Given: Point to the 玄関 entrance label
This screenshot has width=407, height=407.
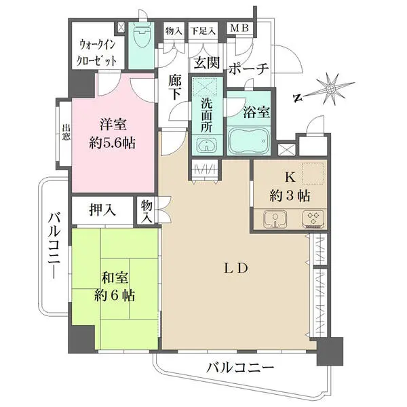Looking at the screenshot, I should tap(206, 63).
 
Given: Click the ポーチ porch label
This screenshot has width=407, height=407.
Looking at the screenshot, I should tap(249, 69).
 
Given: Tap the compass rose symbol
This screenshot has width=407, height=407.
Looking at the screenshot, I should tap(330, 89).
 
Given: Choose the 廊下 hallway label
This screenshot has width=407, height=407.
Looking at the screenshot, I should tap(174, 87).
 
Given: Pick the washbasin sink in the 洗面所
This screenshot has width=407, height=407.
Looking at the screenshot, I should tap(205, 144).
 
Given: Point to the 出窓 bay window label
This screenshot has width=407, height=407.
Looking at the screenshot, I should tap(66, 132).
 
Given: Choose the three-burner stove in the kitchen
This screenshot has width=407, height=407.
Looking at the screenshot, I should tap(313, 219).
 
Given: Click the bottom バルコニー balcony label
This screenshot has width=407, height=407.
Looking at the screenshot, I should tap(240, 368).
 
